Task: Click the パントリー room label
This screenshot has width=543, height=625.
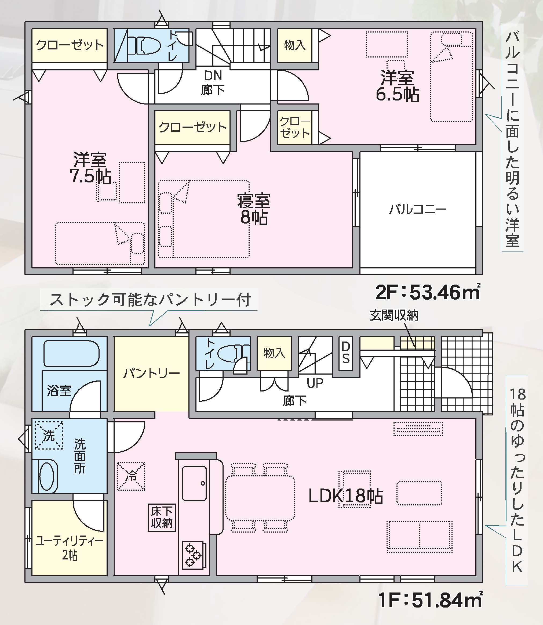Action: [151, 373]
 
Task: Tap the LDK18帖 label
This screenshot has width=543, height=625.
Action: [345, 496]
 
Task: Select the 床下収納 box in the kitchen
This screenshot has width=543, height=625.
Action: [162, 517]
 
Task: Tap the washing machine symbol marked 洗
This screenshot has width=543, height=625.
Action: [49, 435]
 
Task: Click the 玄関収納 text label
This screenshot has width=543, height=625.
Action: [394, 315]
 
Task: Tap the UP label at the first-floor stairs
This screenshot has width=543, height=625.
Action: [315, 383]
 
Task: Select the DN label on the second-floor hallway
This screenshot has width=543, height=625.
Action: [213, 76]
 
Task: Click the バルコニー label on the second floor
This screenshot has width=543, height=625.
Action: [418, 209]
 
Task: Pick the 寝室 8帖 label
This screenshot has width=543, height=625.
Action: [254, 209]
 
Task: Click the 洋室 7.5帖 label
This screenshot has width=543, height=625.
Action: [90, 168]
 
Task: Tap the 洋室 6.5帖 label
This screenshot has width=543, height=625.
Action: [397, 86]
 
